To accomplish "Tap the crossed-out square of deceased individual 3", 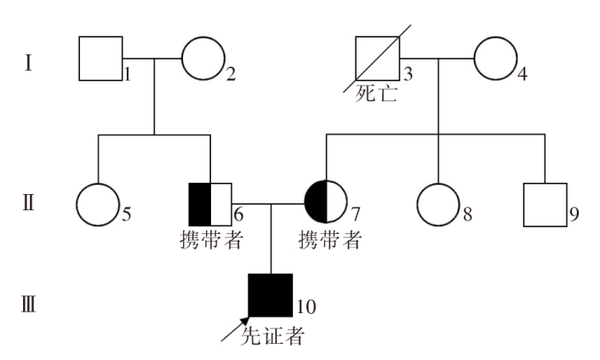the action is tap(377, 59).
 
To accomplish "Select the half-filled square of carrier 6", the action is tap(210, 204).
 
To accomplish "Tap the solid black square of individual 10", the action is tap(271, 295).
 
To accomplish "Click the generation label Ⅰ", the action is tap(28, 63).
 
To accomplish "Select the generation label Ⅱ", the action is tap(28, 203).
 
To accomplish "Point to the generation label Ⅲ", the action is tap(28, 306).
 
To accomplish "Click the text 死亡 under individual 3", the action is tap(376, 93).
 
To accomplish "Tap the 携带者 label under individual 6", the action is tap(212, 240).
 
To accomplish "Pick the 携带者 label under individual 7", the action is tap(330, 240).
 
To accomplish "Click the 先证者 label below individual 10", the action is tap(272, 336).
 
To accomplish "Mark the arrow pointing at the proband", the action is tap(236, 329).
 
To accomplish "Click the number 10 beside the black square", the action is tap(306, 307).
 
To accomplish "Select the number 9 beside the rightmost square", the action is tap(574, 214).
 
